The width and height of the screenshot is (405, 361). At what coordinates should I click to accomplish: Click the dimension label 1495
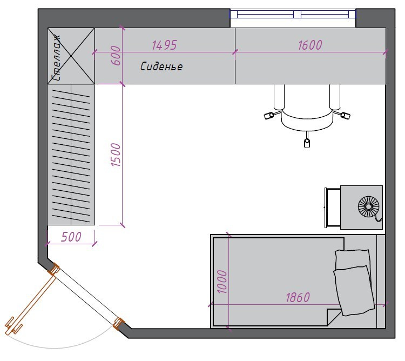tap(164, 45)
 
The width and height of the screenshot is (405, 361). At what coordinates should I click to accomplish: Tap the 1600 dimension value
tap(310, 45)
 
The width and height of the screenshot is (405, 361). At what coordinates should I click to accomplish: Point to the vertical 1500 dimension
tap(116, 155)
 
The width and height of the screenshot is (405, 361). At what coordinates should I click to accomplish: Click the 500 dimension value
tap(71, 237)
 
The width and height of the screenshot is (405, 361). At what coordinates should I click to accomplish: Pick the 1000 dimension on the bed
tap(222, 282)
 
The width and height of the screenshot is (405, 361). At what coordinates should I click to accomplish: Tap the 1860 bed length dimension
tap(298, 297)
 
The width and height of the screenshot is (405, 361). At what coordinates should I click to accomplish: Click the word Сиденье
tap(161, 66)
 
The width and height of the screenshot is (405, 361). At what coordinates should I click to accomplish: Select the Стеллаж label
tap(57, 58)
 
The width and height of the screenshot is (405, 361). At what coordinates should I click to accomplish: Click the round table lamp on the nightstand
tap(369, 207)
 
